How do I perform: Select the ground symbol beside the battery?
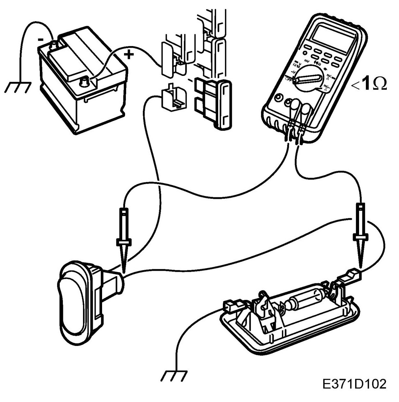tap(18, 86)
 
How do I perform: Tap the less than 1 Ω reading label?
tap(370, 84)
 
